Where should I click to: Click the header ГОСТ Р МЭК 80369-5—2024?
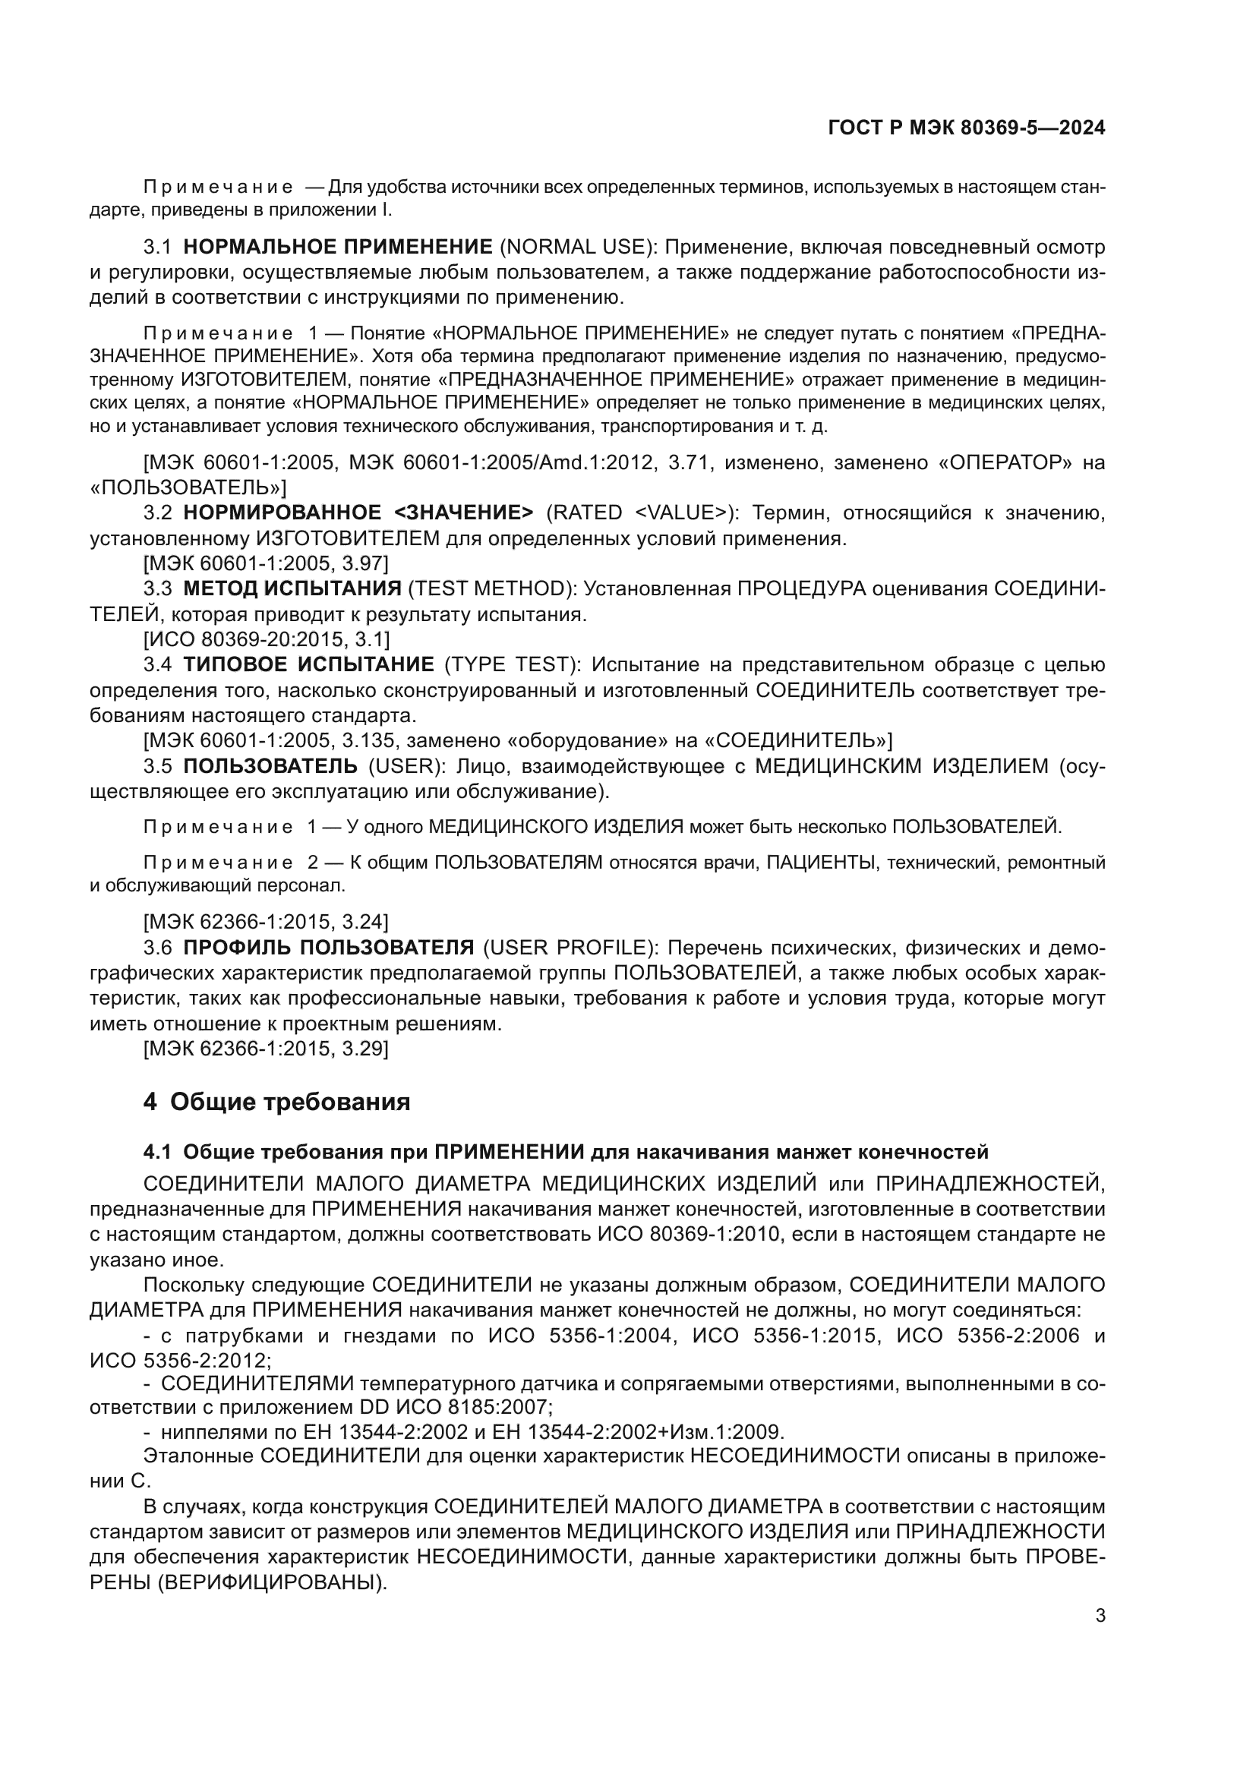tap(965, 128)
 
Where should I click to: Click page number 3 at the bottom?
tap(1100, 1616)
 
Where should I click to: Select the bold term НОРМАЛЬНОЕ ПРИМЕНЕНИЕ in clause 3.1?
tap(338, 247)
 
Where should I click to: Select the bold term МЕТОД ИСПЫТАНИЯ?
tap(292, 588)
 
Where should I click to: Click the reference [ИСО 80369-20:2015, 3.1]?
tap(266, 639)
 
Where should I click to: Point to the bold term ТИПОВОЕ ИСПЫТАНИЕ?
tap(308, 664)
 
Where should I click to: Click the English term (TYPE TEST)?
tap(510, 664)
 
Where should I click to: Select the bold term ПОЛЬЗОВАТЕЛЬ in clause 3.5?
tap(270, 766)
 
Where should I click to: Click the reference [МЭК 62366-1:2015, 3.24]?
tap(266, 922)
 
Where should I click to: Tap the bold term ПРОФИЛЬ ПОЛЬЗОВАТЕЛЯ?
tap(328, 948)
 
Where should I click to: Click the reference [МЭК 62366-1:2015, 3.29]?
tap(266, 1049)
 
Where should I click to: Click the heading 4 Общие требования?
tap(276, 1102)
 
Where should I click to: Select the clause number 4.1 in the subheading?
tap(156, 1153)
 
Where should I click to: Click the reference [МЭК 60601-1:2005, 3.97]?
tap(266, 563)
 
